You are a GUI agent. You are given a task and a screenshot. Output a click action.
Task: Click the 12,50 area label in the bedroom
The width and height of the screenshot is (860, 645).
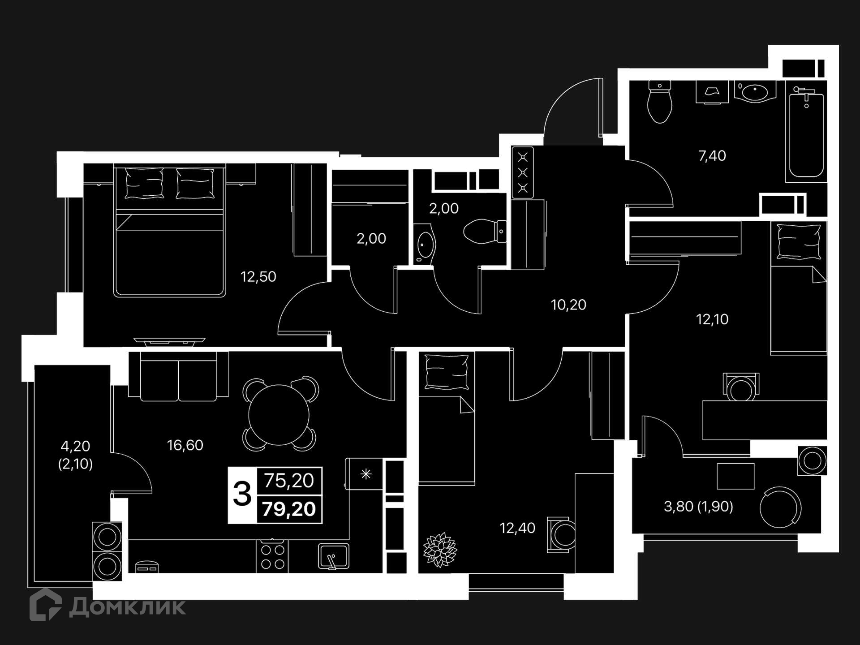point(258,277)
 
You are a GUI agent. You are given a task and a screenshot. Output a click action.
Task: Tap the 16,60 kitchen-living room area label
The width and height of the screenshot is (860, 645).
point(185,445)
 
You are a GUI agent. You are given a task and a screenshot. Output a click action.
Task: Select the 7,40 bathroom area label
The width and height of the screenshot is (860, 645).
point(712,156)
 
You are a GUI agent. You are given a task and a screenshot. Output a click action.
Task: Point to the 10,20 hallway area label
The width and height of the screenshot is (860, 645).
point(568,305)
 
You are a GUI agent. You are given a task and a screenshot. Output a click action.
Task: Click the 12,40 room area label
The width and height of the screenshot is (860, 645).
point(517,528)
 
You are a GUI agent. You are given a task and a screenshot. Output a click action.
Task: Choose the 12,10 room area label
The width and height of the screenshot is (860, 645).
point(712,319)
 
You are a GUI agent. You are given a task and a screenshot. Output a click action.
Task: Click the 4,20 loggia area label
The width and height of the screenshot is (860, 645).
point(75,446)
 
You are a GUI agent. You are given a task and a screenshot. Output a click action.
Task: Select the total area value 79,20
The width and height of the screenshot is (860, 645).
point(289,509)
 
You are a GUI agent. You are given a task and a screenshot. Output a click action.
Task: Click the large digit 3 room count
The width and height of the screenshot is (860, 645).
point(242,494)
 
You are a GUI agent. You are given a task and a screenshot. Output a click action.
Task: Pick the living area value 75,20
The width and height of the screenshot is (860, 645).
point(289,481)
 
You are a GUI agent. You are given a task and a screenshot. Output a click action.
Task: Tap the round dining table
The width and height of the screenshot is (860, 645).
point(279,415)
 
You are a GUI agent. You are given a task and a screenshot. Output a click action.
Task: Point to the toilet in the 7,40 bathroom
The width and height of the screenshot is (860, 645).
point(660,102)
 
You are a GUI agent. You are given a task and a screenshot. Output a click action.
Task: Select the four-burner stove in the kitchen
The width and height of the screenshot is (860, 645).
point(272,557)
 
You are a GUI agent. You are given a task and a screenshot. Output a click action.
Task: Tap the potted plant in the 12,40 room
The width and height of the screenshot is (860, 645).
point(440,550)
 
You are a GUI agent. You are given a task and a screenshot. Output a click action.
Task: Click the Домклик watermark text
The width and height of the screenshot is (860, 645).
point(128,607)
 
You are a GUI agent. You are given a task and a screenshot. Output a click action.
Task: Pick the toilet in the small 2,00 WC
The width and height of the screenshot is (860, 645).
point(485,232)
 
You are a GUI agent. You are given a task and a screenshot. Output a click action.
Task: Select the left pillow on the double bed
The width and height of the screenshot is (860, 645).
point(144,183)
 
